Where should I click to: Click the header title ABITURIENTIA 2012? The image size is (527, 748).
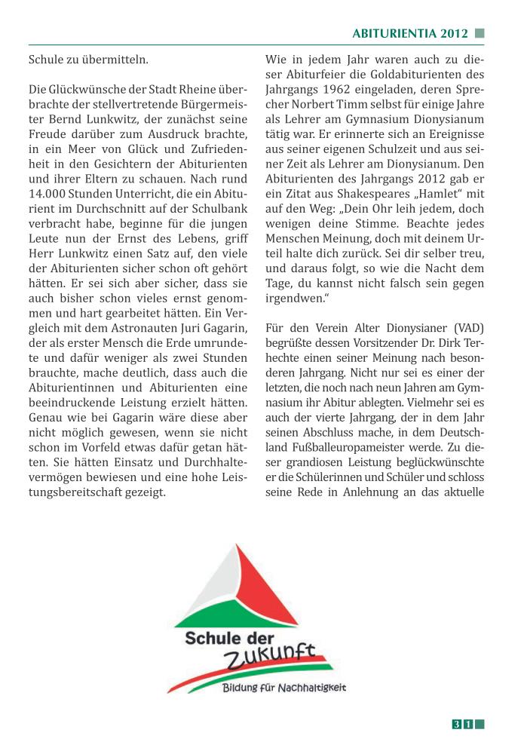pyautogui.click(x=410, y=33)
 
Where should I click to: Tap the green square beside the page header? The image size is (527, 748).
pyautogui.click(x=480, y=33)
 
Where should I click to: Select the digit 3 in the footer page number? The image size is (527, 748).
pyautogui.click(x=457, y=725)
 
